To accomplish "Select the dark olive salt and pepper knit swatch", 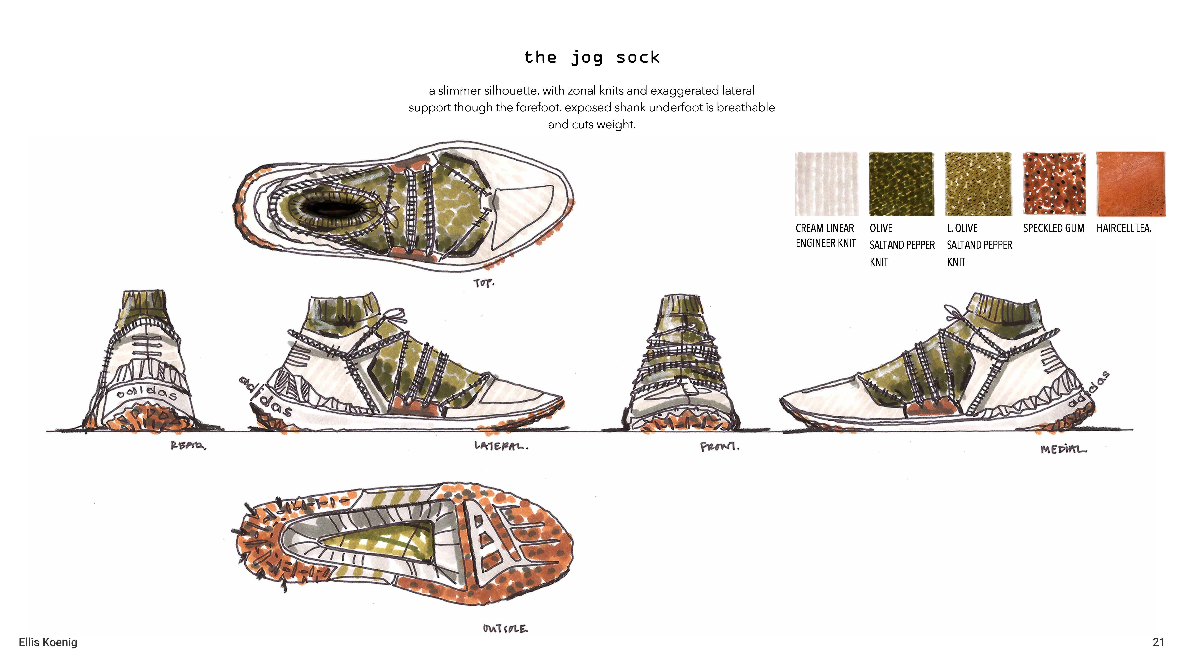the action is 901,184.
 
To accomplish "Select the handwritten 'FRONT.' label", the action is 719,446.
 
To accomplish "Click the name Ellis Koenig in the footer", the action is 48,642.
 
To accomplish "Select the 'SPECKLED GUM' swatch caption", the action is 1053,228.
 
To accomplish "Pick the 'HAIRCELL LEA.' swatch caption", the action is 1124,228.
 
